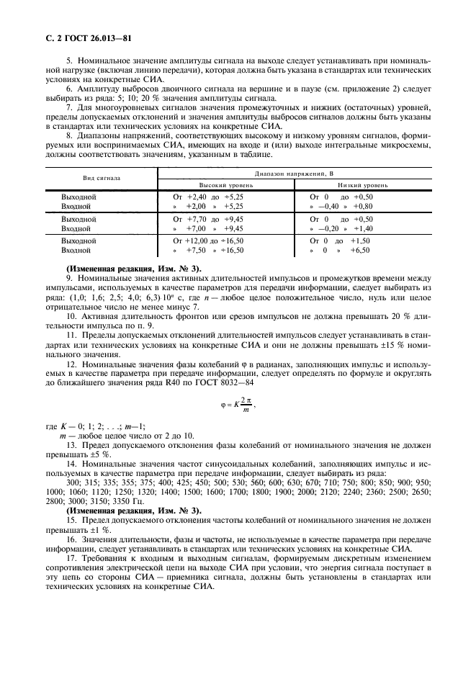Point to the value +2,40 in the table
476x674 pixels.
click(197, 196)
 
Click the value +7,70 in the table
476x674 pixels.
click(197, 218)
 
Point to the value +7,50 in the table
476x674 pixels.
click(196, 251)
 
